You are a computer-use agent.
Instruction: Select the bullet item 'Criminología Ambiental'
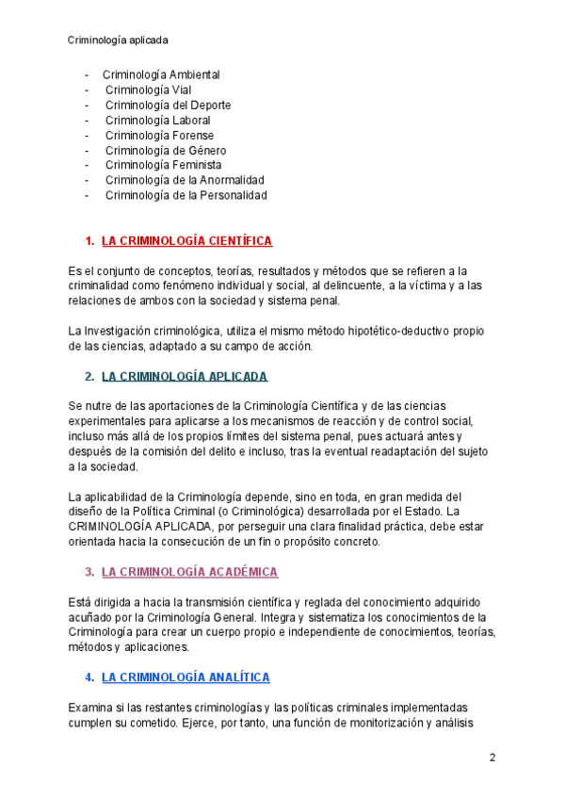click(161, 74)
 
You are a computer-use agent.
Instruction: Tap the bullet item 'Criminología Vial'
click(148, 90)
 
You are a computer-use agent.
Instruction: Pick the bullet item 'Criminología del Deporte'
click(168, 105)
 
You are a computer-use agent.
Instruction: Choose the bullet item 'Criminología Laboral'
click(157, 120)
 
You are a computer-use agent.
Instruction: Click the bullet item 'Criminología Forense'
click(159, 135)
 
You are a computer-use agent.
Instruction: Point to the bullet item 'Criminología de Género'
click(166, 150)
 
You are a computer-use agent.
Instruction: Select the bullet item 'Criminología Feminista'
click(163, 165)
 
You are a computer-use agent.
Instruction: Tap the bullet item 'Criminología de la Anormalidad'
click(185, 180)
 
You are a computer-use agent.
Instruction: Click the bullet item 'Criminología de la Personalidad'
click(186, 195)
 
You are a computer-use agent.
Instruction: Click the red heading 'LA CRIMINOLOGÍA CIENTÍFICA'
click(186, 241)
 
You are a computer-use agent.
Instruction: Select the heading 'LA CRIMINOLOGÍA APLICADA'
click(185, 377)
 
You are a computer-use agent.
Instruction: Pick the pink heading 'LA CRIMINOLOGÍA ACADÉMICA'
click(189, 572)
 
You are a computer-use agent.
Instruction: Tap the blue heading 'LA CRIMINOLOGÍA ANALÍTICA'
click(186, 677)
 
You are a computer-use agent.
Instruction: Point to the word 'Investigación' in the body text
click(118, 331)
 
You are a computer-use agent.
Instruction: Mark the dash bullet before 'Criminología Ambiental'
click(87, 74)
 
